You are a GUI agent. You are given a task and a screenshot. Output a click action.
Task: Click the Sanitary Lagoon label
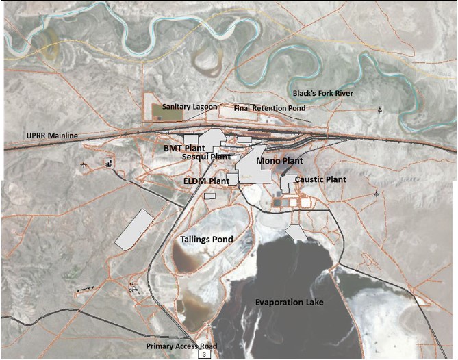pos(190,107)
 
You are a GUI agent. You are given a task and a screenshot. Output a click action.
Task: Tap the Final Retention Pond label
pos(269,108)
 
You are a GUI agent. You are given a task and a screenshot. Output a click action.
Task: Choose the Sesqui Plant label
pos(206,157)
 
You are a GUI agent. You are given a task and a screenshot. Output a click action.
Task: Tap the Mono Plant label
pos(279,161)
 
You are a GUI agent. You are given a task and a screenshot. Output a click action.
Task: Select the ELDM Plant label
pos(206,181)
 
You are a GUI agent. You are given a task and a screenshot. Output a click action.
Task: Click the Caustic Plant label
pos(320,179)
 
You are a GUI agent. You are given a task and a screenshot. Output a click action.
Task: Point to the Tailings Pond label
pos(206,240)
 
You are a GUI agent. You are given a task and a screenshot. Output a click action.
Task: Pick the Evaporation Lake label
pos(288,302)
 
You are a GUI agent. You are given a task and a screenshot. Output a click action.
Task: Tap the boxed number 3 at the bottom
pos(204,355)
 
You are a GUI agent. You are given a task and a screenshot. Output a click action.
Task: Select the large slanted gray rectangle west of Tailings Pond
pos(133,229)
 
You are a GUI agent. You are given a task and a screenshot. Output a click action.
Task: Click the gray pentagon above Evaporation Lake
pos(296,232)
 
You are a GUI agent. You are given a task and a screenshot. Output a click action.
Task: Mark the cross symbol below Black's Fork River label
pos(380,110)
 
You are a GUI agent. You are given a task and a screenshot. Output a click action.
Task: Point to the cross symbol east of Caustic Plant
pos(377,194)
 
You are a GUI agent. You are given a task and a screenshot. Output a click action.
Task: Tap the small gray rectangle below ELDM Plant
pos(209,196)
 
